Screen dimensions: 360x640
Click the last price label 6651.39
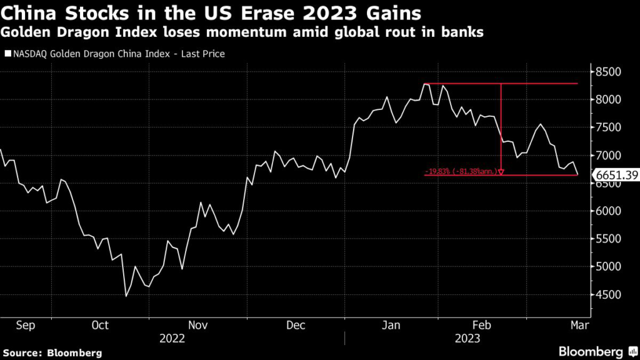point(615,176)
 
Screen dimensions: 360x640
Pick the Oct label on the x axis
point(100,325)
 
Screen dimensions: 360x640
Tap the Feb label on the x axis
point(481,325)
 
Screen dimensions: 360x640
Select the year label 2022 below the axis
point(172,338)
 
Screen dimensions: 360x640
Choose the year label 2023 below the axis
point(467,338)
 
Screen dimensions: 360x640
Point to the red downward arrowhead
point(501,171)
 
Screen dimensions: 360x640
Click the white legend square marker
point(7,54)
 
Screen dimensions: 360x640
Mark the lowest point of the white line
point(126,296)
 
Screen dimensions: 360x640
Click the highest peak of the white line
point(424,83)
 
